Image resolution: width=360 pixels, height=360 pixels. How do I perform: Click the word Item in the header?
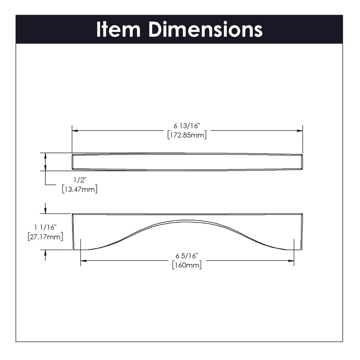pyautogui.click(x=118, y=29)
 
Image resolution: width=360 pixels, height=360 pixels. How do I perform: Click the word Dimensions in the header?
pyautogui.click(x=206, y=29)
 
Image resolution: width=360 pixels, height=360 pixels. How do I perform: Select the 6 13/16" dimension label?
pyautogui.click(x=187, y=126)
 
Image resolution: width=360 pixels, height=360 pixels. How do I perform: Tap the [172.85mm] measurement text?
pyautogui.click(x=187, y=135)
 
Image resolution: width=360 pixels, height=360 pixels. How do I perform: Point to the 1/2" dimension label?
pyautogui.click(x=80, y=180)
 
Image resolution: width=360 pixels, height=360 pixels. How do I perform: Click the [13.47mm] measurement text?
pyautogui.click(x=80, y=189)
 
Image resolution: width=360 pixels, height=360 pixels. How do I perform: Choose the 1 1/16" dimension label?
pyautogui.click(x=45, y=227)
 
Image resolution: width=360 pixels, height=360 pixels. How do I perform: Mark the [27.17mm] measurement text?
pyautogui.click(x=45, y=237)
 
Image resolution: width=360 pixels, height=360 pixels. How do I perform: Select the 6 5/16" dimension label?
pyautogui.click(x=187, y=256)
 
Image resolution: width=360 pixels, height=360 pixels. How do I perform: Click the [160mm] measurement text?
pyautogui.click(x=187, y=265)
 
